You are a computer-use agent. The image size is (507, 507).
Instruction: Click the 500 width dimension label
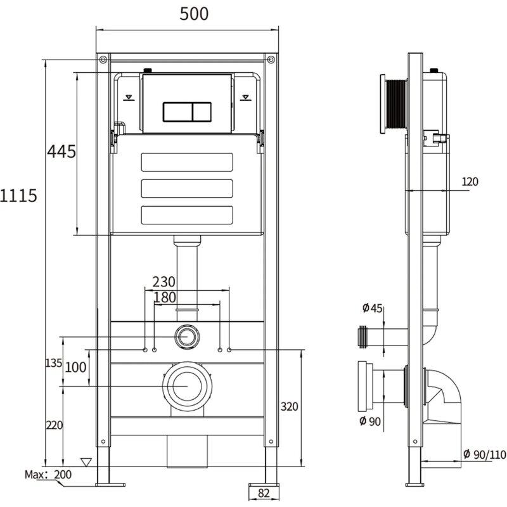click(194, 14)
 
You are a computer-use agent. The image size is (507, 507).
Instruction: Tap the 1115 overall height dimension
click(18, 196)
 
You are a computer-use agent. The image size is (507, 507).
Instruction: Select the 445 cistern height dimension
click(61, 151)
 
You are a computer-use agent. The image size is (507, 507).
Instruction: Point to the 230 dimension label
click(164, 282)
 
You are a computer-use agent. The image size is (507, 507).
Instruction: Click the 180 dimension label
click(165, 297)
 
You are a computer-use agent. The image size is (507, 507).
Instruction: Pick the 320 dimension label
click(290, 406)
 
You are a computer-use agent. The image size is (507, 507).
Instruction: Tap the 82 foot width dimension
click(264, 493)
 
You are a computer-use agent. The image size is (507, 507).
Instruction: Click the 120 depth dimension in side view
click(470, 182)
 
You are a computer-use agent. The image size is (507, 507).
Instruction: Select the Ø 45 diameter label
click(372, 308)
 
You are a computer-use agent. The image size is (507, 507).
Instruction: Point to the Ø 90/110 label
click(485, 454)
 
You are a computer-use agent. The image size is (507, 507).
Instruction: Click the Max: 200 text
click(48, 475)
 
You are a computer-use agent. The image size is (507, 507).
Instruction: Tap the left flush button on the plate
click(178, 112)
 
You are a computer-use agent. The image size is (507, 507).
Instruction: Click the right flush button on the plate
click(202, 112)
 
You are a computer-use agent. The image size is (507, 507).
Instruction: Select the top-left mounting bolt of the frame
click(103, 60)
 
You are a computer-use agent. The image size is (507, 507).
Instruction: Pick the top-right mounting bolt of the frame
click(271, 60)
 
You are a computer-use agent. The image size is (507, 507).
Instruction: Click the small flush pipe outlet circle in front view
click(187, 337)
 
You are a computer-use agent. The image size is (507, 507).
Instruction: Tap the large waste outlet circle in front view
click(187, 387)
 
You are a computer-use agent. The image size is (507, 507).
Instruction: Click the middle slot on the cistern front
click(187, 188)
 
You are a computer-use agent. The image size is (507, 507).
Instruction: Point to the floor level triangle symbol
click(86, 462)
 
